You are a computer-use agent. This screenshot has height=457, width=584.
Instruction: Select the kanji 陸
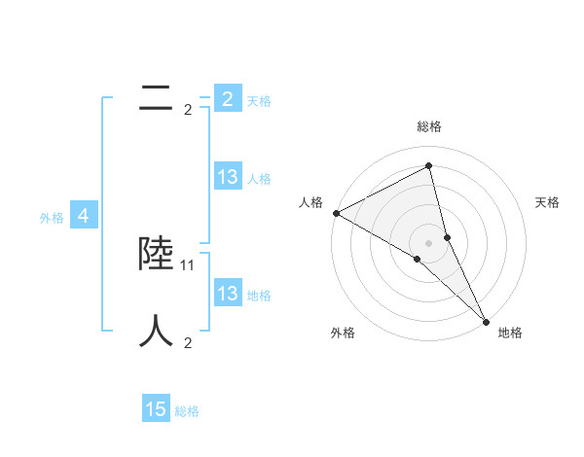pyautogui.click(x=156, y=255)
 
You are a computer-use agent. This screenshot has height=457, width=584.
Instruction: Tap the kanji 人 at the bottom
pyautogui.click(x=156, y=331)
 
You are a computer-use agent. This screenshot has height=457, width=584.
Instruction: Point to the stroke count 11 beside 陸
pyautogui.click(x=189, y=264)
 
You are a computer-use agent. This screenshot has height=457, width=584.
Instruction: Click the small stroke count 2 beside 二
pyautogui.click(x=188, y=110)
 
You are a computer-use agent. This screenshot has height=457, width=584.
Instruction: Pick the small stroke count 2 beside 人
pyautogui.click(x=188, y=342)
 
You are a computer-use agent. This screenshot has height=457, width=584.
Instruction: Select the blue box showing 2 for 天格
pyautogui.click(x=227, y=99)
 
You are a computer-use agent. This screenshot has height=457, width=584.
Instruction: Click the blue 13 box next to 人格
pyautogui.click(x=227, y=177)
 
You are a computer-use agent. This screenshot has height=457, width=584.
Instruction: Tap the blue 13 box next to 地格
pyautogui.click(x=227, y=294)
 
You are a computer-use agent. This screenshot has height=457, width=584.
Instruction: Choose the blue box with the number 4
pyautogui.click(x=84, y=216)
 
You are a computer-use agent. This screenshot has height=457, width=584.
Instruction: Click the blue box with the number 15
pyautogui.click(x=156, y=409)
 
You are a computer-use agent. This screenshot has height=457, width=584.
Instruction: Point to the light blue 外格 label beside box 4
pyautogui.click(x=52, y=218)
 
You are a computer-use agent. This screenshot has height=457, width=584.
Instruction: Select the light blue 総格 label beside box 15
pyautogui.click(x=187, y=411)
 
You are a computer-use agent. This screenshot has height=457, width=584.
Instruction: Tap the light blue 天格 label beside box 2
pyautogui.click(x=259, y=101)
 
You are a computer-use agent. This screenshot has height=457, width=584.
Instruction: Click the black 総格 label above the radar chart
pyautogui.click(x=429, y=126)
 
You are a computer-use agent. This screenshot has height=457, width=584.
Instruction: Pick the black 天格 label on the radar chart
pyautogui.click(x=547, y=202)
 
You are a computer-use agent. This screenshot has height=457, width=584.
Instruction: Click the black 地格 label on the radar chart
pyautogui.click(x=510, y=333)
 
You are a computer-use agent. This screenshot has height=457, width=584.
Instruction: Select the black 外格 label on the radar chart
pyautogui.click(x=343, y=333)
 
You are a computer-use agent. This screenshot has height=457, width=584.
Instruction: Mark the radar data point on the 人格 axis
pyautogui.click(x=336, y=213)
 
